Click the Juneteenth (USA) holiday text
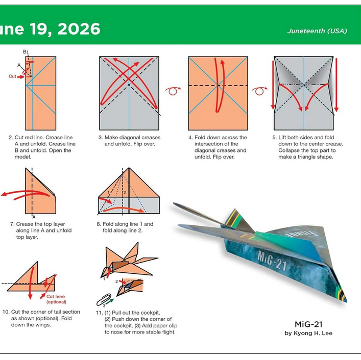pyautogui.click(x=317, y=31)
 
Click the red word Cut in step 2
pyautogui.click(x=12, y=76)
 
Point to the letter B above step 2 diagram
pyautogui.click(x=25, y=52)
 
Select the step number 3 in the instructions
pyautogui.click(x=100, y=138)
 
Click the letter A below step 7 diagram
pyautogui.click(x=33, y=216)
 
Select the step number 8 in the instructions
pyautogui.click(x=99, y=224)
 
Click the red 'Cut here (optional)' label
pyautogui.click(x=56, y=299)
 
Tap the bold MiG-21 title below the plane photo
pyautogui.click(x=308, y=324)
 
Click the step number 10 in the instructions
pyautogui.click(x=6, y=312)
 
